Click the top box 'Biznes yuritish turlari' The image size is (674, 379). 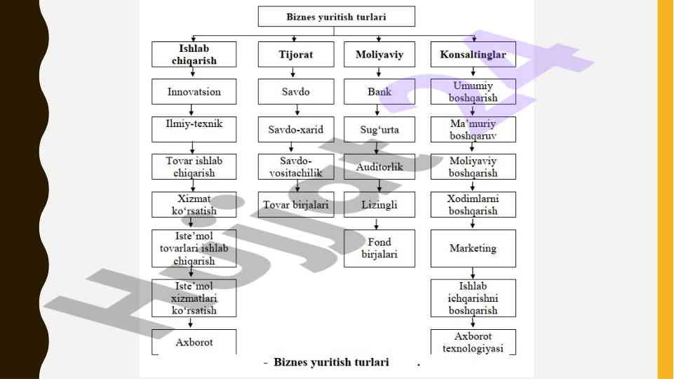pyautogui.click(x=336, y=16)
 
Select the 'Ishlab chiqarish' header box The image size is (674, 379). pyautogui.click(x=194, y=55)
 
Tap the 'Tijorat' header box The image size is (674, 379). pyautogui.click(x=295, y=55)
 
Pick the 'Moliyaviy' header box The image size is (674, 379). pyautogui.click(x=379, y=55)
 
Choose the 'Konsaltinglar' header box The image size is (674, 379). pyautogui.click(x=473, y=55)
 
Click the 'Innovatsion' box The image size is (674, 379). pyautogui.click(x=194, y=92)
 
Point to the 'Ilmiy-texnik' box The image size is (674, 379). pyautogui.click(x=194, y=129)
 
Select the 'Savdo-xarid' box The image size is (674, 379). pyautogui.click(x=295, y=129)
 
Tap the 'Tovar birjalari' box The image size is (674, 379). pyautogui.click(x=295, y=204)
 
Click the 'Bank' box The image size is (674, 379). pyautogui.click(x=379, y=92)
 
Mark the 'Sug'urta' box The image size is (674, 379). pyautogui.click(x=379, y=129)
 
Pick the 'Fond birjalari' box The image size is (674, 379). pyautogui.click(x=379, y=248)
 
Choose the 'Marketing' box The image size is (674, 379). pyautogui.click(x=473, y=248)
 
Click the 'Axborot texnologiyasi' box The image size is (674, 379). pyautogui.click(x=473, y=342)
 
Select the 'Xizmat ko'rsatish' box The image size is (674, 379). pyautogui.click(x=194, y=204)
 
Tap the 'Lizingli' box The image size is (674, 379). pyautogui.click(x=379, y=204)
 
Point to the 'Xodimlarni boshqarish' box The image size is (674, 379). pyautogui.click(x=473, y=204)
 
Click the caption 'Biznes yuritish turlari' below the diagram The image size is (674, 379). pyautogui.click(x=331, y=363)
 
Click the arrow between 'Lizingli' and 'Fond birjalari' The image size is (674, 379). pyautogui.click(x=378, y=223)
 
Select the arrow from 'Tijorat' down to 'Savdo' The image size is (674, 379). pyautogui.click(x=295, y=73)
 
